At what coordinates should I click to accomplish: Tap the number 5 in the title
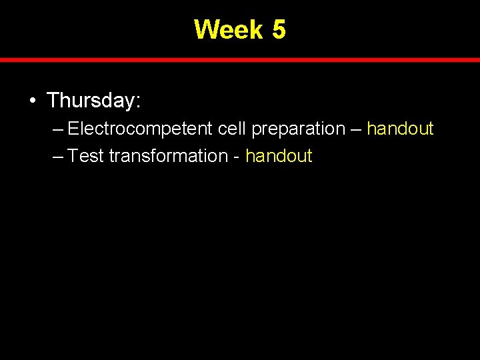(279, 29)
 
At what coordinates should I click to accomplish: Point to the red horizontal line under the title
(240, 60)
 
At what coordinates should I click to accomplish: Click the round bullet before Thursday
(32, 101)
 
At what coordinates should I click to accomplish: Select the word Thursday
(91, 101)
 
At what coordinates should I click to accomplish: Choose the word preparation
(298, 129)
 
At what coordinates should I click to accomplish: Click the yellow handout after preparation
(400, 129)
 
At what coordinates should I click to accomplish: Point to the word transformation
(169, 157)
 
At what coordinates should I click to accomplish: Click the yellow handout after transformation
(279, 157)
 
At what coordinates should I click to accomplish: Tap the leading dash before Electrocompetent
(57, 129)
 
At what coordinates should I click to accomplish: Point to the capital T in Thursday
(54, 101)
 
